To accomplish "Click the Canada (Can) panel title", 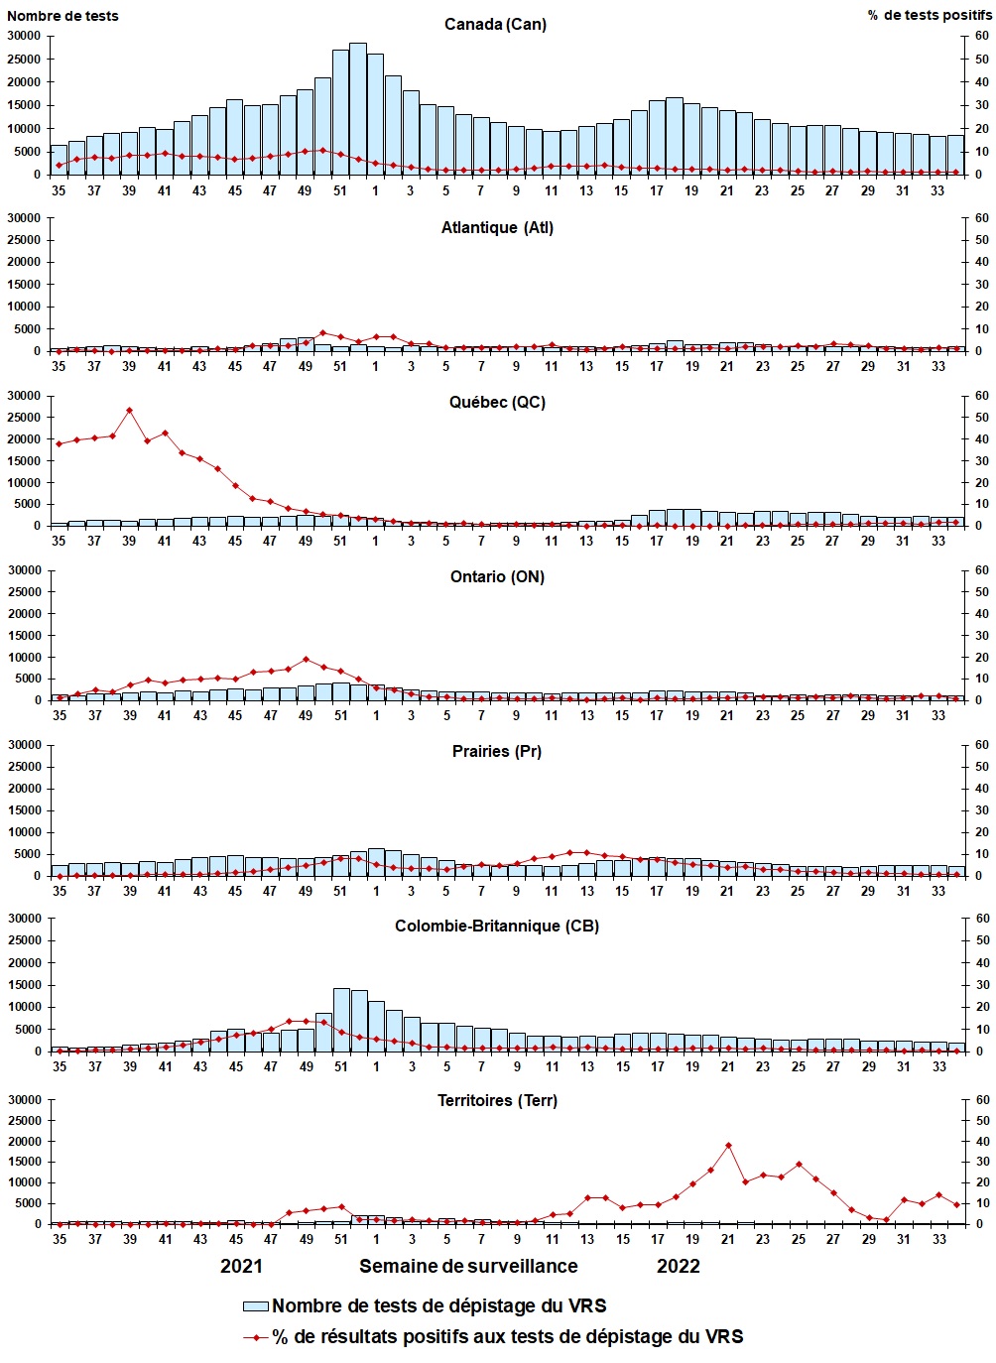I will click(495, 24).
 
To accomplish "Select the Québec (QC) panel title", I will click(496, 402).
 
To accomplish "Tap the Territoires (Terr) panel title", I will click(497, 1100).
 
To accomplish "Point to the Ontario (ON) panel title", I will click(497, 576).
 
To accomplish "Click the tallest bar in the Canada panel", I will click(357, 109).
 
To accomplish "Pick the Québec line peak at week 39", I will click(129, 410).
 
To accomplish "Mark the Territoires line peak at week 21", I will click(728, 1145).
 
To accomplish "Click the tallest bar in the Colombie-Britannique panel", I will click(340, 1020).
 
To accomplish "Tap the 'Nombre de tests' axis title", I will click(62, 15).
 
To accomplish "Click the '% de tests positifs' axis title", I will click(929, 15).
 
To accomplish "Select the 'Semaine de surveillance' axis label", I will click(468, 1266).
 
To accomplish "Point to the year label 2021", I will click(241, 1266).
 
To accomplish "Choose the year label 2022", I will click(678, 1266).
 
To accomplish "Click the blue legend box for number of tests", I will click(256, 1306).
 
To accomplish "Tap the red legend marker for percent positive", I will click(256, 1337).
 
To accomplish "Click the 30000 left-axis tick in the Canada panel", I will click(24, 36).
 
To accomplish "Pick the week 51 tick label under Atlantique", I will click(340, 366).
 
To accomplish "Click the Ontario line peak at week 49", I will click(306, 659).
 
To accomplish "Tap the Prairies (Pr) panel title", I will click(496, 751).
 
